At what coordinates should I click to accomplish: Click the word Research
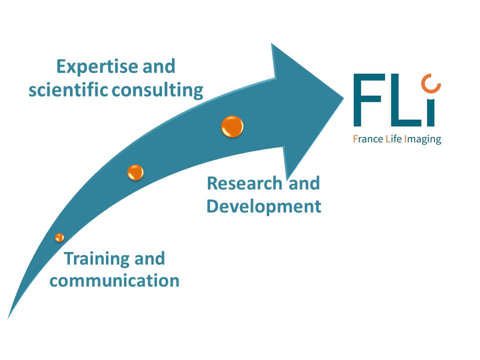[244, 183]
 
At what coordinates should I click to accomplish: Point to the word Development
[263, 206]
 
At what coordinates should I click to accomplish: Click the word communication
[114, 280]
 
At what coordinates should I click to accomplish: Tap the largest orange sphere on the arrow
[232, 126]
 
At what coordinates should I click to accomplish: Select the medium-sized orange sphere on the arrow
[135, 172]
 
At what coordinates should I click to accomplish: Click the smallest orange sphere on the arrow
[59, 237]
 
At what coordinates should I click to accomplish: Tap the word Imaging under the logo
[424, 139]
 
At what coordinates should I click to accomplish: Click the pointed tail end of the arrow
[8, 317]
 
